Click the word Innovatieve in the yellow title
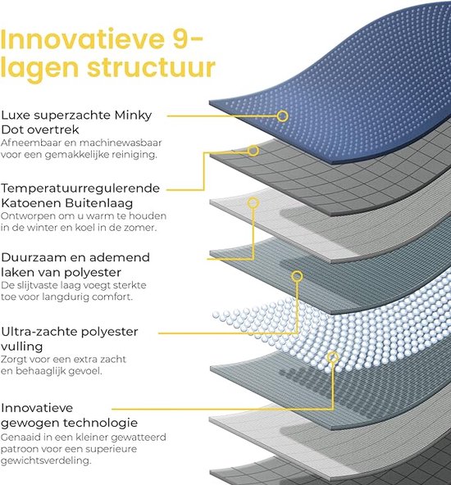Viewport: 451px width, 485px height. tap(83, 39)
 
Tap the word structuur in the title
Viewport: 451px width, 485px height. tap(151, 67)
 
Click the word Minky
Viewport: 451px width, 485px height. tap(133, 116)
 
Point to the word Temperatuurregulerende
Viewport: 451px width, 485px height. tap(80, 189)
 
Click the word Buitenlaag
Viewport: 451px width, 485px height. tap(99, 203)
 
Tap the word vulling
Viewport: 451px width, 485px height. tap(21, 347)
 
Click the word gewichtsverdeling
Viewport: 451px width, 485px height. tap(46, 461)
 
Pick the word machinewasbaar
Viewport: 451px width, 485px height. tap(121, 143)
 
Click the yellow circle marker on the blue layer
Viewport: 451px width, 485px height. tap(282, 116)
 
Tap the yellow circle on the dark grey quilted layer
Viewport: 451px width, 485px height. tap(253, 151)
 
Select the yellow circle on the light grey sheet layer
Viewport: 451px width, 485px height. tap(253, 203)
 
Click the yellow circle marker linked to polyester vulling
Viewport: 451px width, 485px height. tap(297, 276)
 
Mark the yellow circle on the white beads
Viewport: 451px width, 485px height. tap(333, 357)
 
